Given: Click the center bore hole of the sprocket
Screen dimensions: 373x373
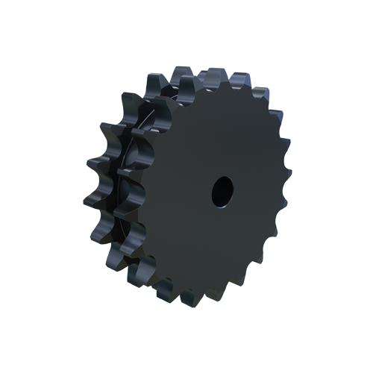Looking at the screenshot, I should (222, 191).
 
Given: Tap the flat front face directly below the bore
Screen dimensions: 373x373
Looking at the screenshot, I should (220, 239).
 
